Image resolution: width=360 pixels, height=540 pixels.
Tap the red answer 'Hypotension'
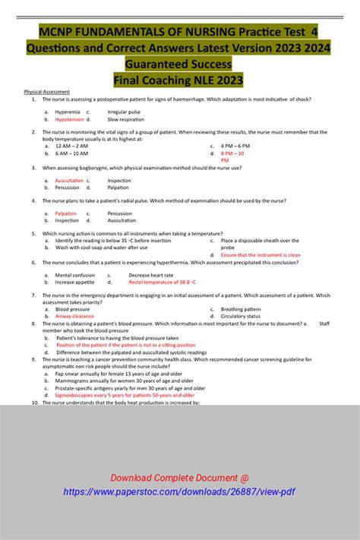coord(69,119)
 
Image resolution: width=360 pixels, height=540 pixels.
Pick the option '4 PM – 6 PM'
coord(235,146)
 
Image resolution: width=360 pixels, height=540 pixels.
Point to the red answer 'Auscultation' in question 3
coord(69,180)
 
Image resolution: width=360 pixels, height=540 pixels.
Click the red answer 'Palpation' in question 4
coord(66,213)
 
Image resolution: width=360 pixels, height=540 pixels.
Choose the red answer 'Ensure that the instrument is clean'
coord(261,255)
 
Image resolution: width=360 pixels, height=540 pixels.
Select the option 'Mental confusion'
coord(75,275)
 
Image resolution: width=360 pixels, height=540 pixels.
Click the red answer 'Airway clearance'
coord(74,316)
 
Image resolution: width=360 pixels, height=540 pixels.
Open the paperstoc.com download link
coord(179,492)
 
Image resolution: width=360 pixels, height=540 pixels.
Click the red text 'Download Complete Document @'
coord(179,478)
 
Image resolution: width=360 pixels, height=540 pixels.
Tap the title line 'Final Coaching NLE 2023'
coord(178,79)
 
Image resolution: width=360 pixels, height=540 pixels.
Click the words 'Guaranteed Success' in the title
coord(178,64)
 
